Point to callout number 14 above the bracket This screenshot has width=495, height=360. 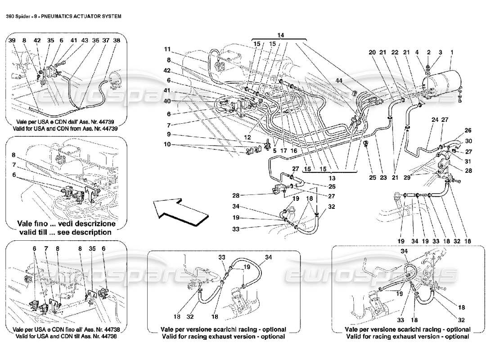(281, 35)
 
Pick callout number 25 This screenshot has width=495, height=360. (372, 177)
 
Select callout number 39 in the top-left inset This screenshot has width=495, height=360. (12, 40)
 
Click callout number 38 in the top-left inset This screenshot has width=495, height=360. (117, 40)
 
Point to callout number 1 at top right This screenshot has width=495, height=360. (451, 53)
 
